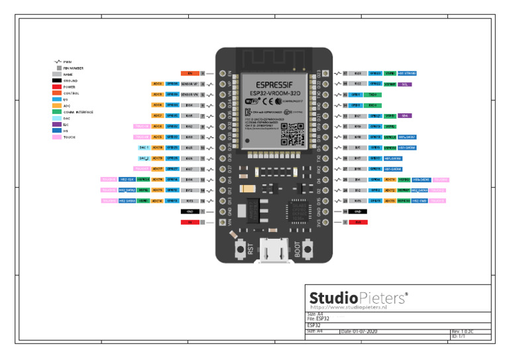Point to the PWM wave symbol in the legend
tap(58, 62)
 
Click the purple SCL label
tap(406, 84)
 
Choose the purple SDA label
tap(406, 116)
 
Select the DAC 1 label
tap(143, 148)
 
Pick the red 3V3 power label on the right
tap(358, 222)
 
